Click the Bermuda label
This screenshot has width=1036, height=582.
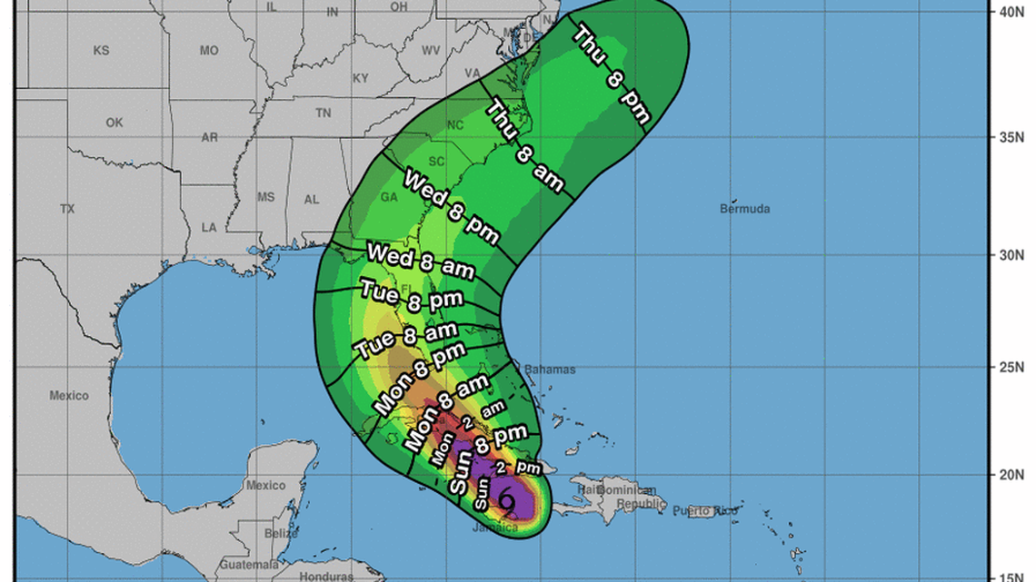coord(744,209)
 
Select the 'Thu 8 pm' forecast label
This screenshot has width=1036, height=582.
coord(612,74)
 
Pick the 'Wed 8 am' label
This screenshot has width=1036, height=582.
coord(413,258)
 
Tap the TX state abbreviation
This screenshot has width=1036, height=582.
coord(67,209)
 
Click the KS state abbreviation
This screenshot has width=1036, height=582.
coord(101,51)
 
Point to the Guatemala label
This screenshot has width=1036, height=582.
coord(224,564)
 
